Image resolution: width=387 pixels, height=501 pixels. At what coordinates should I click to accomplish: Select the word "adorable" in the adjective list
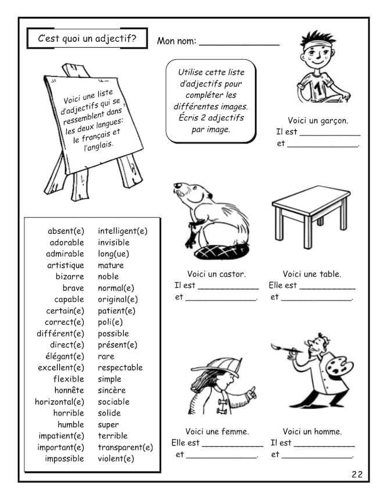click(x=67, y=242)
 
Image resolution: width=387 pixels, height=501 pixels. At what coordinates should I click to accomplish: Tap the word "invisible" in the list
click(x=114, y=242)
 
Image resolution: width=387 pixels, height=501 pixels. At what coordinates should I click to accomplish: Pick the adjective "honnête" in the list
click(x=69, y=391)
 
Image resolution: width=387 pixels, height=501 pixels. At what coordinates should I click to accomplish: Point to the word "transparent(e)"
click(x=126, y=448)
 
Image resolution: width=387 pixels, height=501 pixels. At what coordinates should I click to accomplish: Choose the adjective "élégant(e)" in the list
click(x=64, y=356)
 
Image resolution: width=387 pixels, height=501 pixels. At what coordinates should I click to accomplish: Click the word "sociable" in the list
click(x=114, y=402)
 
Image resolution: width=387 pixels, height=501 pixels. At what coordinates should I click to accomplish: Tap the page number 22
click(x=357, y=474)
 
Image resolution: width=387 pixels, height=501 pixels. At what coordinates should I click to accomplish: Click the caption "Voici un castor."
click(x=216, y=274)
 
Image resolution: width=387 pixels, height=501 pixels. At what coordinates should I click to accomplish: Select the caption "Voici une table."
click(x=312, y=274)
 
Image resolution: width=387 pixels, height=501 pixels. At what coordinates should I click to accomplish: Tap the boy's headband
click(x=317, y=43)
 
